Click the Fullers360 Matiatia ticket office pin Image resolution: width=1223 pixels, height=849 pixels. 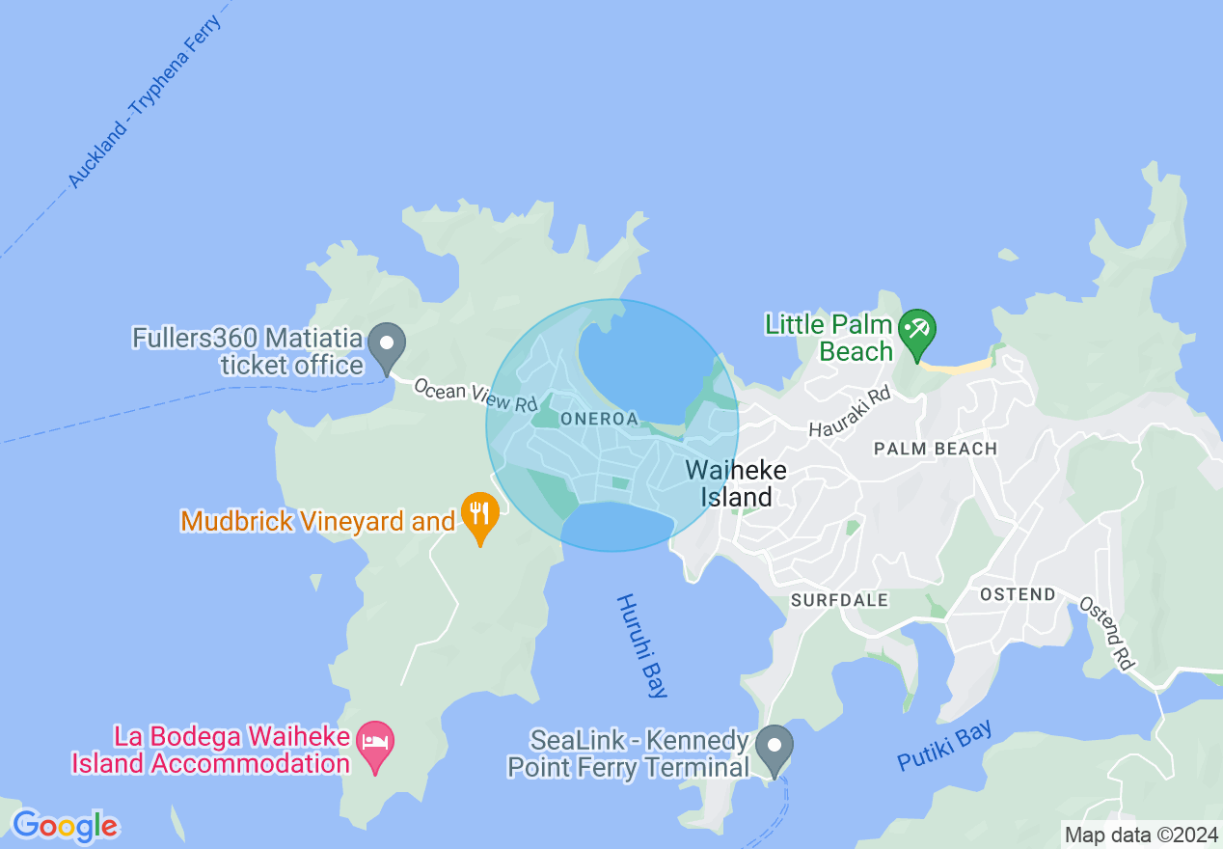[388, 343]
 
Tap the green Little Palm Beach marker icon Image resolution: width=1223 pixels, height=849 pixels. [915, 330]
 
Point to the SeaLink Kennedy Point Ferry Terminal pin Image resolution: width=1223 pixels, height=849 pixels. [774, 747]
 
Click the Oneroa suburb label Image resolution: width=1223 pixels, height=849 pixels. [599, 419]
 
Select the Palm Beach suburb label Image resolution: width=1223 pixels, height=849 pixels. [935, 449]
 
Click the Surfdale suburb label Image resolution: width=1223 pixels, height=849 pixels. [839, 600]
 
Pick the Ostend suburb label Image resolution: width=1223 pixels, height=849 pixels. [1018, 594]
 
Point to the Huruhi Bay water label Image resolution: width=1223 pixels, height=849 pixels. [641, 644]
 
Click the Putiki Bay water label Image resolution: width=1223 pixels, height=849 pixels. [944, 746]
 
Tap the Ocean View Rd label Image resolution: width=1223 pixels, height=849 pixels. [475, 396]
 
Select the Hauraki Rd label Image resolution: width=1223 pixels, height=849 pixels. [850, 411]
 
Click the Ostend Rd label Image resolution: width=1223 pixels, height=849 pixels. [1105, 632]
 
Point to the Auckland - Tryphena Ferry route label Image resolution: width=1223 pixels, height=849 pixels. [146, 100]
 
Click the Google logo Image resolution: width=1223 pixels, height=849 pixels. [65, 826]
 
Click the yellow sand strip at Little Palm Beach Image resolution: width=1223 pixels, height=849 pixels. [955, 366]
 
